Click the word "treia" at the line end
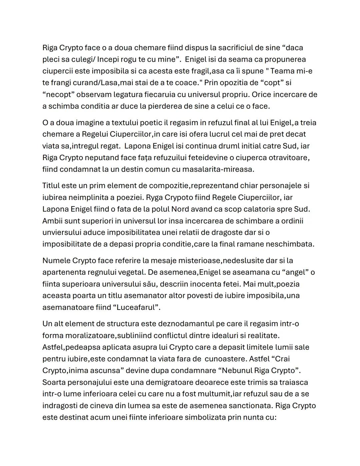[308, 122]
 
